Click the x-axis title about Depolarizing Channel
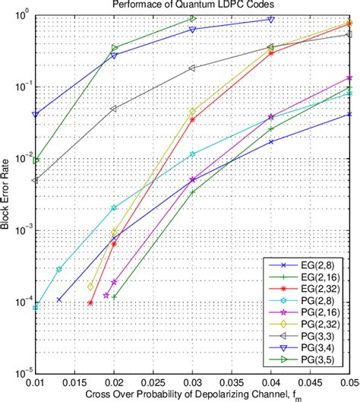pos(193,394)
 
